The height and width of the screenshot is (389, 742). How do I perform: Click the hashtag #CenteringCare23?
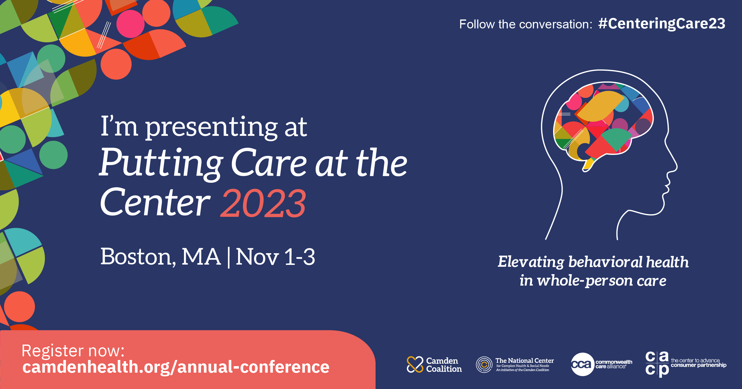coord(662,24)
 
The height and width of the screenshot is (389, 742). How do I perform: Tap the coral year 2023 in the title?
coord(263,203)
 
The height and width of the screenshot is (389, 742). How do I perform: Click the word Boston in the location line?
coord(136,257)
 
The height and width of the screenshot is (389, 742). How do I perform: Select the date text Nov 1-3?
coord(275,257)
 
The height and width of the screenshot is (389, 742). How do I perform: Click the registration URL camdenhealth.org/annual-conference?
coord(176,367)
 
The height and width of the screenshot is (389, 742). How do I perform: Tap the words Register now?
coord(73,351)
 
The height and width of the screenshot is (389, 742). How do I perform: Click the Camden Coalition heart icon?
coord(415,364)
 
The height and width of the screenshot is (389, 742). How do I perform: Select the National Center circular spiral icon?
coord(484,365)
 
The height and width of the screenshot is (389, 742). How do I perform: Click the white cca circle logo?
coord(582,364)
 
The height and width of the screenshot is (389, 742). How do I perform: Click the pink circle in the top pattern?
coord(130,24)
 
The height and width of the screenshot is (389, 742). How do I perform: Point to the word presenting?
coord(212,127)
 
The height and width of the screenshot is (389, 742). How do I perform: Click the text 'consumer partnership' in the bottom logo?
coord(698,365)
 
